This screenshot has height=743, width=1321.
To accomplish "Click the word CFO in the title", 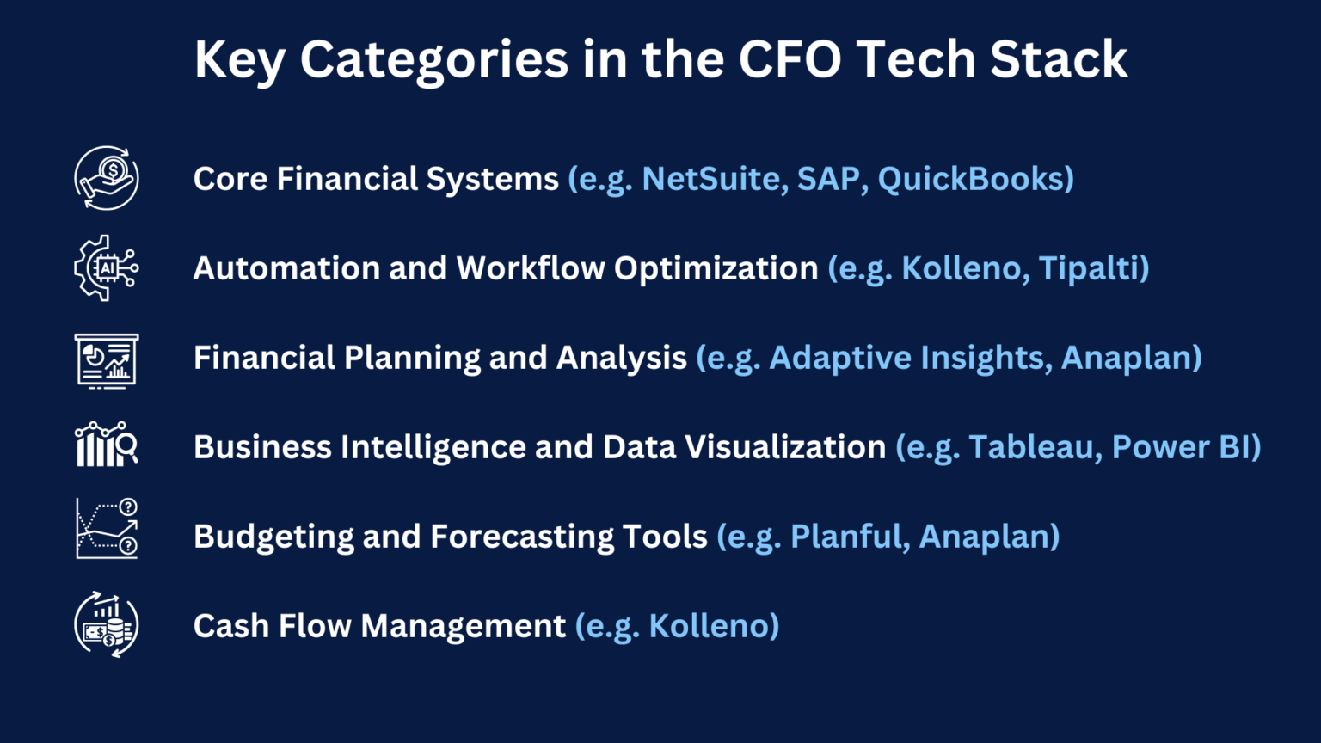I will [x=790, y=60].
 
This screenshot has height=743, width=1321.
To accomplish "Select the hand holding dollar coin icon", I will [x=107, y=179].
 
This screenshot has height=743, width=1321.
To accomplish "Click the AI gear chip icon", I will [x=107, y=268].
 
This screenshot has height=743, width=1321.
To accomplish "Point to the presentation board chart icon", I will [x=107, y=360].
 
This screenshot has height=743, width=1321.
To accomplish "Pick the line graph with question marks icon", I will [x=107, y=529].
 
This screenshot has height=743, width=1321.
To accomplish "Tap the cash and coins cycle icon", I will [x=107, y=625].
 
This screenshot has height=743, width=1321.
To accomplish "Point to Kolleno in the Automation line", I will [x=961, y=268].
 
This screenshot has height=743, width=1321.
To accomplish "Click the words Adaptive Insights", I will [x=906, y=358].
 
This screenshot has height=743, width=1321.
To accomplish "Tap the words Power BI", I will [x=1181, y=447].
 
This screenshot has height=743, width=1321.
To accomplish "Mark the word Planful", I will [x=845, y=537].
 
